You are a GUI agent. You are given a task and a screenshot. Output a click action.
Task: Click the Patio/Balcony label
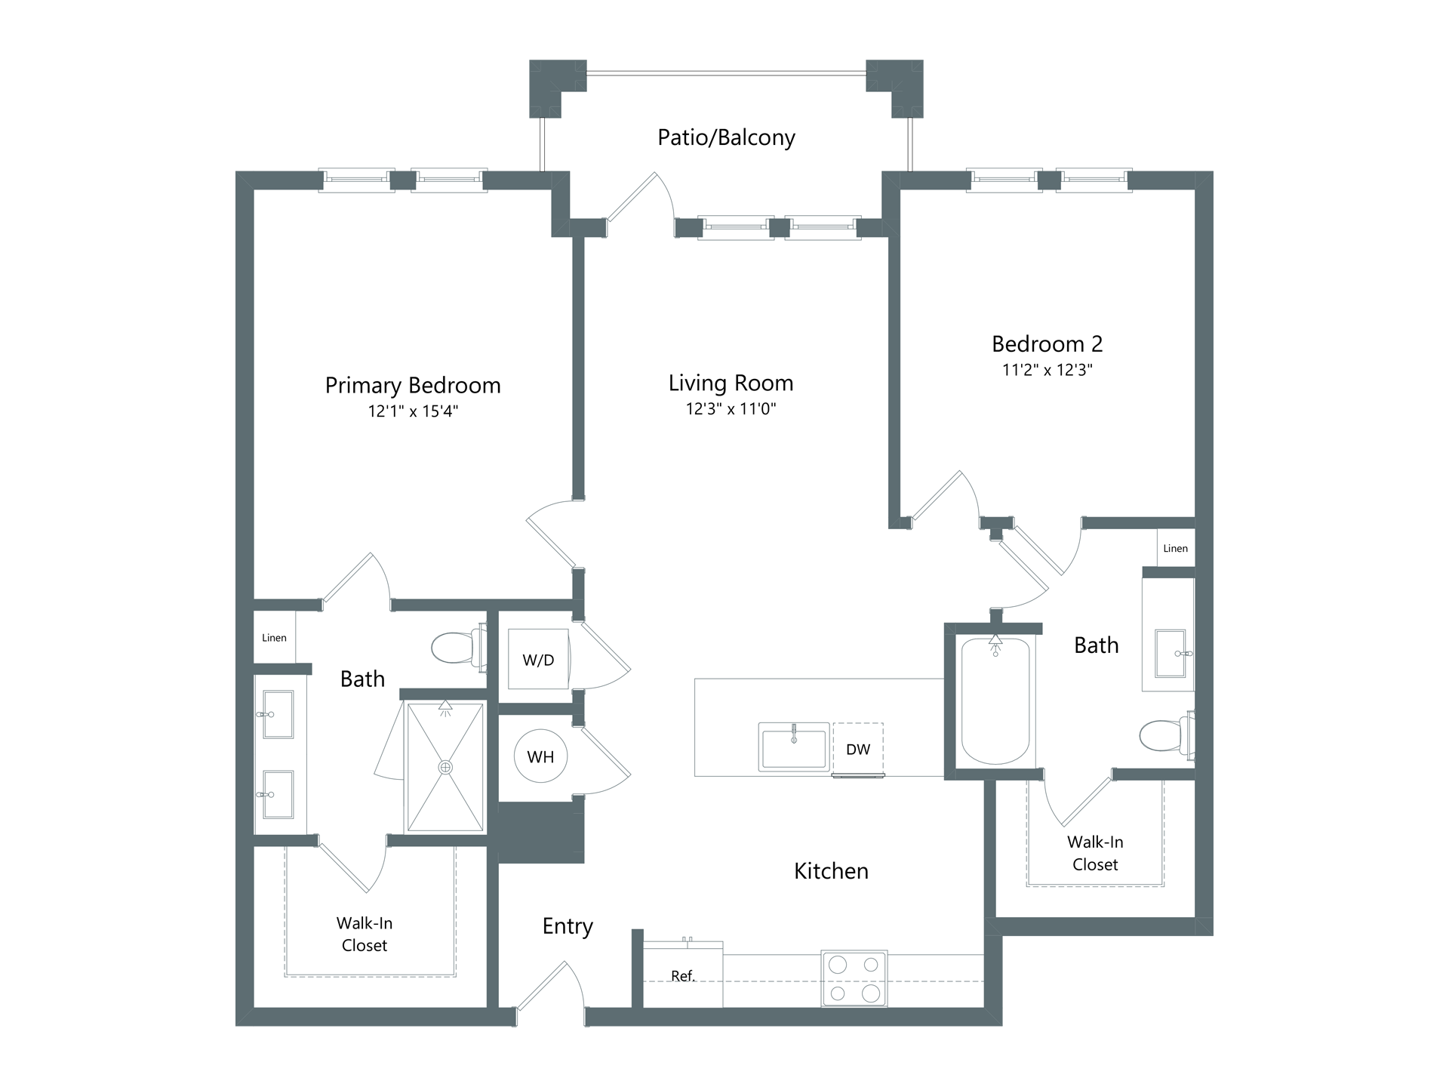726,137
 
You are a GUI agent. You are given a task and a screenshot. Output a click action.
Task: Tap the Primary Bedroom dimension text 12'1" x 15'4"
413,411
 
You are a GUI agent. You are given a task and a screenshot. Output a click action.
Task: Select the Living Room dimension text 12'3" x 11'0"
731,409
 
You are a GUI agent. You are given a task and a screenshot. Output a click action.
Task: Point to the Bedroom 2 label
1047,344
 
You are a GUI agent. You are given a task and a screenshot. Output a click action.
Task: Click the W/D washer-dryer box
538,659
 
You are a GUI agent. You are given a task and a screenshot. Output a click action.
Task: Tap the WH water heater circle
540,756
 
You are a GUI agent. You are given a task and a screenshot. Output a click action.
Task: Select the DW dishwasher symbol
858,750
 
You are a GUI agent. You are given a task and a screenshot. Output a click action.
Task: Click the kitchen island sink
794,747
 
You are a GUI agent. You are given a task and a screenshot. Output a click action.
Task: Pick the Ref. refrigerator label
683,976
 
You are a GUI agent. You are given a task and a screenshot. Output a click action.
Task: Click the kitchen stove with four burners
854,978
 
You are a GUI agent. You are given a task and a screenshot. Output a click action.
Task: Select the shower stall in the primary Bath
445,767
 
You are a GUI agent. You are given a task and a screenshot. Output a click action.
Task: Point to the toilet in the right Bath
1167,734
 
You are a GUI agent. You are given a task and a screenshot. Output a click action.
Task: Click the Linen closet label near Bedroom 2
1175,549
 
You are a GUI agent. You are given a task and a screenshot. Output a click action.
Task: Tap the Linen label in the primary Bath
274,638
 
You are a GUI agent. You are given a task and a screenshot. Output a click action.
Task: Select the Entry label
568,927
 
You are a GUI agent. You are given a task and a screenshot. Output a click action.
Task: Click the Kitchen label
831,871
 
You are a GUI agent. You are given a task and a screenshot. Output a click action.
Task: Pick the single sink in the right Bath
1171,653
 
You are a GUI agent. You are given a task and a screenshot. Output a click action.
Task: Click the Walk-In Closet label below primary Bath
365,934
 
